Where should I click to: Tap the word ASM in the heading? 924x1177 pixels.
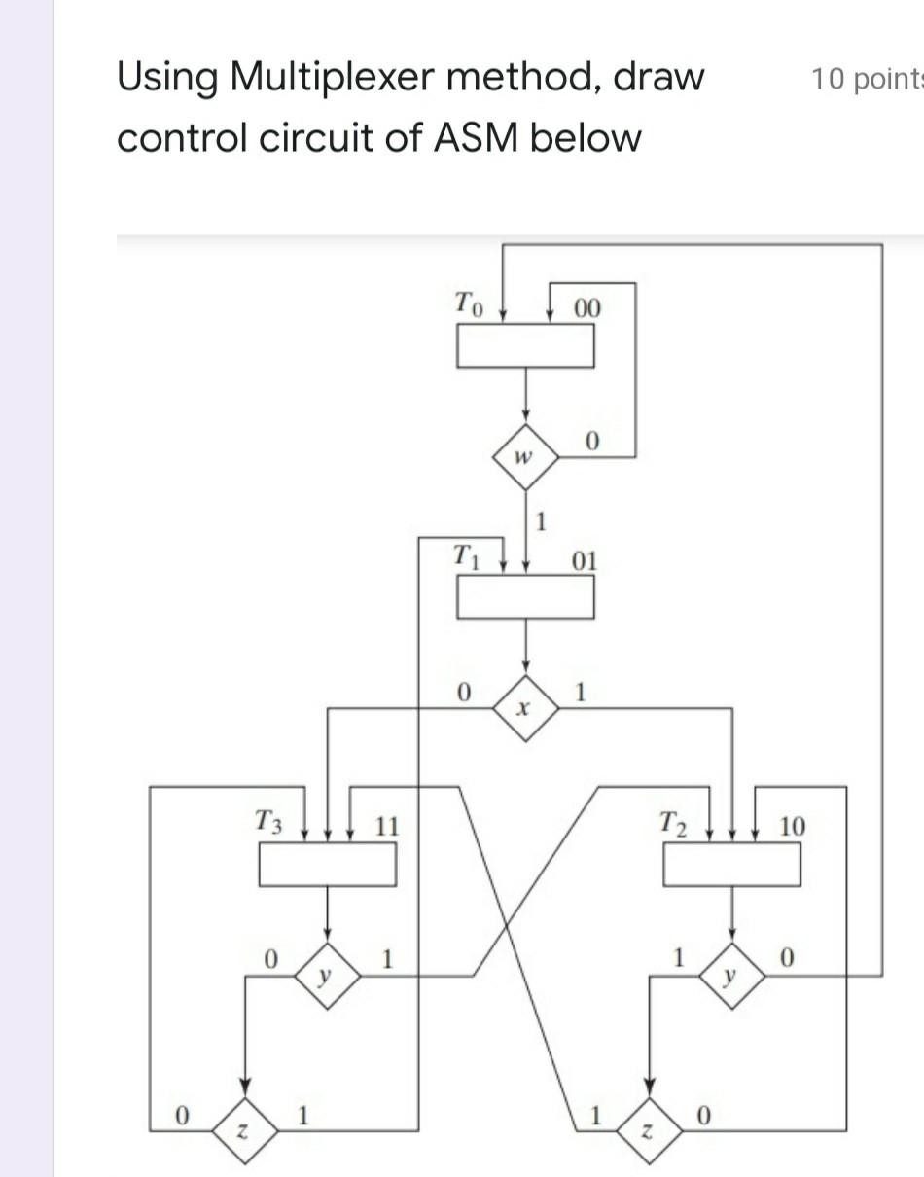pos(476,137)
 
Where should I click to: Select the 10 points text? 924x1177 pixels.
pos(866,79)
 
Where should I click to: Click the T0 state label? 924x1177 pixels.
pos(468,304)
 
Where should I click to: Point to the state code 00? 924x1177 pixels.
pos(587,309)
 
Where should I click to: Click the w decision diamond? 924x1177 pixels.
pos(525,456)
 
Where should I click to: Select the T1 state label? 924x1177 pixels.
pos(468,556)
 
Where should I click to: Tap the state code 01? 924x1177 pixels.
pos(586,561)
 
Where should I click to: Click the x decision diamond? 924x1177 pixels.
pos(525,708)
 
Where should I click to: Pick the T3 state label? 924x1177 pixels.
pos(268,822)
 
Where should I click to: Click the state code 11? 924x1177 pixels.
pos(386,827)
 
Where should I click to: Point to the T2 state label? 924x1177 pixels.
pos(673,823)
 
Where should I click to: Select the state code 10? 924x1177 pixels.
pos(792,827)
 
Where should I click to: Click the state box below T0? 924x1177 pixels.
pos(525,345)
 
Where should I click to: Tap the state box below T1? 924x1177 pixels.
pos(525,597)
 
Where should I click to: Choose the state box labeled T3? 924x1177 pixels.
pos(327,865)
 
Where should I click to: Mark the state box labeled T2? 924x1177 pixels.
pos(731,865)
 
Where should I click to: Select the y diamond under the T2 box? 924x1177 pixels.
pos(732,975)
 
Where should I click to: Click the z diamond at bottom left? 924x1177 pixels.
pos(246,1129)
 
